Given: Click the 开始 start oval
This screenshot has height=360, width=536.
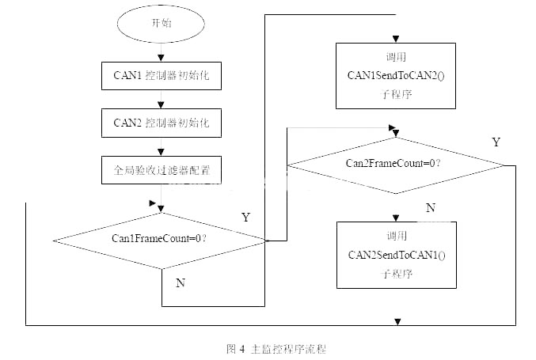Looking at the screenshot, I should point(161,23).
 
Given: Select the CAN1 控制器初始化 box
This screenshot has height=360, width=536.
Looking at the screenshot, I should point(161,78).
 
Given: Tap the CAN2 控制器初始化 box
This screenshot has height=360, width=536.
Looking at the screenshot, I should point(161,123).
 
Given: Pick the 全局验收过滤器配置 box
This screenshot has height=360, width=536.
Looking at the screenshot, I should point(161,169).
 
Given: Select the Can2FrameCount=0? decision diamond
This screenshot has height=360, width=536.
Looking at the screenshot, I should point(394,165).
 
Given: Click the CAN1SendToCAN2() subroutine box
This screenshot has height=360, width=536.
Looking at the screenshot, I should point(397,75).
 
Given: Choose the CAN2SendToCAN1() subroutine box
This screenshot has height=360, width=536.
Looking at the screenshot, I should point(397,255).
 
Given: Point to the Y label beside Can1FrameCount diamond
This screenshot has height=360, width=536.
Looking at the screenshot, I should point(245,216).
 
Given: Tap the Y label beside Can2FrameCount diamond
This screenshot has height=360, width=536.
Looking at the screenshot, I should point(496,142).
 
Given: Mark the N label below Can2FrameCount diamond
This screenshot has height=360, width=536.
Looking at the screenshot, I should point(431,207).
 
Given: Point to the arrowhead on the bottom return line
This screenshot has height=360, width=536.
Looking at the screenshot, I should point(397,320).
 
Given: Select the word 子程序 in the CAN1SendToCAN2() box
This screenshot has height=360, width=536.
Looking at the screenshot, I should point(396,94).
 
